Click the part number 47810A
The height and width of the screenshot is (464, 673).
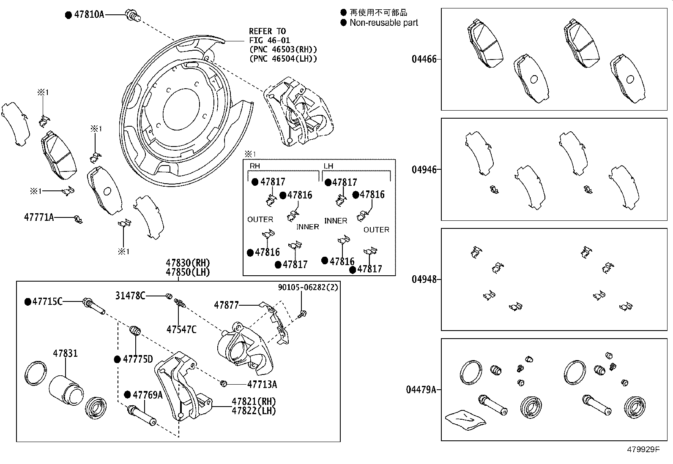pyautogui.click(x=89, y=14)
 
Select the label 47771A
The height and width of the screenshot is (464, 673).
pyautogui.click(x=39, y=217)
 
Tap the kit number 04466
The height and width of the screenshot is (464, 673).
pyautogui.click(x=424, y=59)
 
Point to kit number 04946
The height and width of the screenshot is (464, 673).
pyautogui.click(x=424, y=170)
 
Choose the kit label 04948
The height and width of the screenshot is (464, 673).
pyautogui.click(x=424, y=279)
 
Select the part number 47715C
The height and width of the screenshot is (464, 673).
pyautogui.click(x=47, y=301)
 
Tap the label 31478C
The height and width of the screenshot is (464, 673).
pyautogui.click(x=130, y=296)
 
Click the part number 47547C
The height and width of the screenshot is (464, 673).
pyautogui.click(x=181, y=329)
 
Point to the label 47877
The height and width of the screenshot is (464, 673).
pyautogui.click(x=226, y=305)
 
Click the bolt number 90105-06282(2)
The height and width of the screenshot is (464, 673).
pyautogui.click(x=308, y=287)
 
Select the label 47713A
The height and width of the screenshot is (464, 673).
pyautogui.click(x=262, y=384)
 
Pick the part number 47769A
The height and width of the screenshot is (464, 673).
pyautogui.click(x=148, y=395)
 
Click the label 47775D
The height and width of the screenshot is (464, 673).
pyautogui.click(x=138, y=359)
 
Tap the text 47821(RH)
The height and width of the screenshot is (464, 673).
pyautogui.click(x=254, y=402)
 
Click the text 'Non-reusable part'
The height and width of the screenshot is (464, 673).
pyautogui.click(x=383, y=23)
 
